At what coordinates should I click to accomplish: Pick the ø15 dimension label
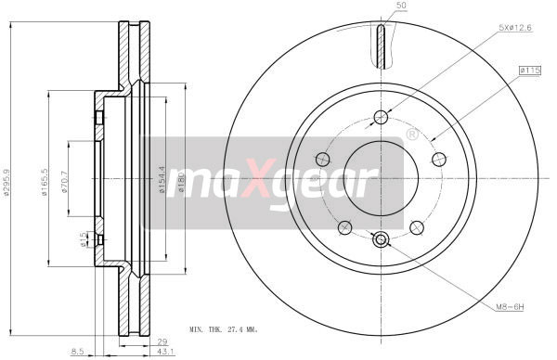[x=84, y=239]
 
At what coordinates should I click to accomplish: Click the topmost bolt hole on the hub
[x=381, y=116]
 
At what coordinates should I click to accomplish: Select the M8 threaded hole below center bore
[x=381, y=240]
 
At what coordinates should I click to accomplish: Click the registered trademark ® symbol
[x=411, y=135]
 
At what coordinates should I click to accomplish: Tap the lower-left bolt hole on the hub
[x=344, y=226]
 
